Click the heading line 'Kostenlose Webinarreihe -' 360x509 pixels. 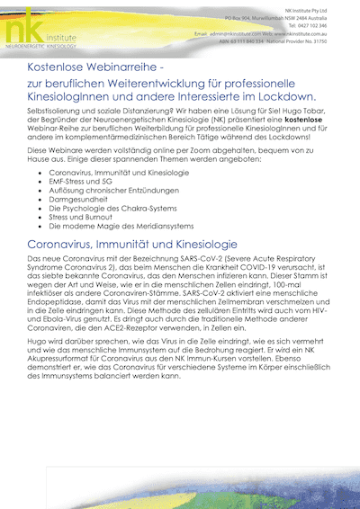click(x=100, y=67)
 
